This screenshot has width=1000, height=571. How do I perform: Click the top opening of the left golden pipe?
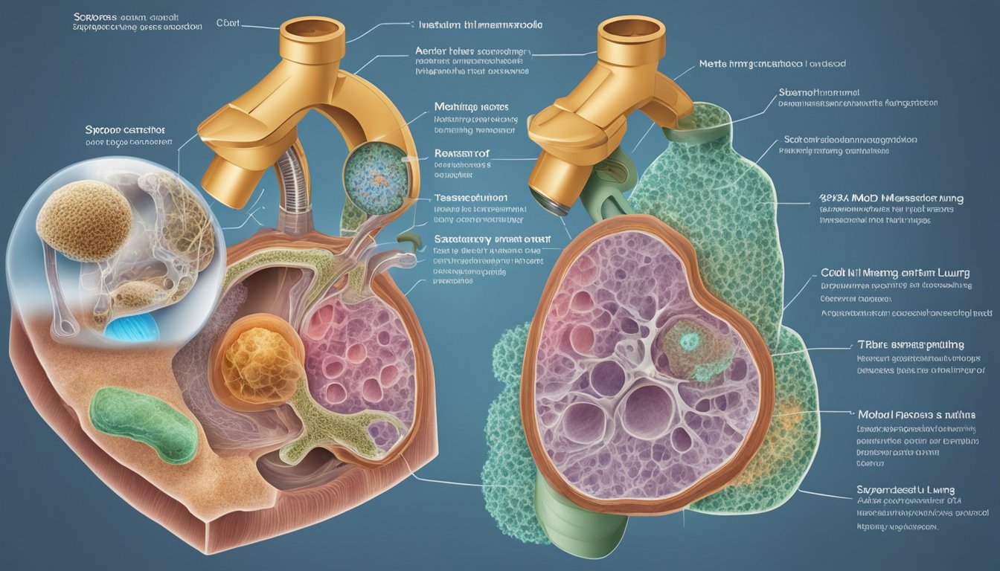coord(312,30)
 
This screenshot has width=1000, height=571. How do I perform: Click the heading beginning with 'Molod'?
coord(916,415)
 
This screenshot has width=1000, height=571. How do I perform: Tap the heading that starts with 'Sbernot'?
coord(818,93)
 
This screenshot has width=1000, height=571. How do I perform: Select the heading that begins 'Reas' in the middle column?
coord(461,154)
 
